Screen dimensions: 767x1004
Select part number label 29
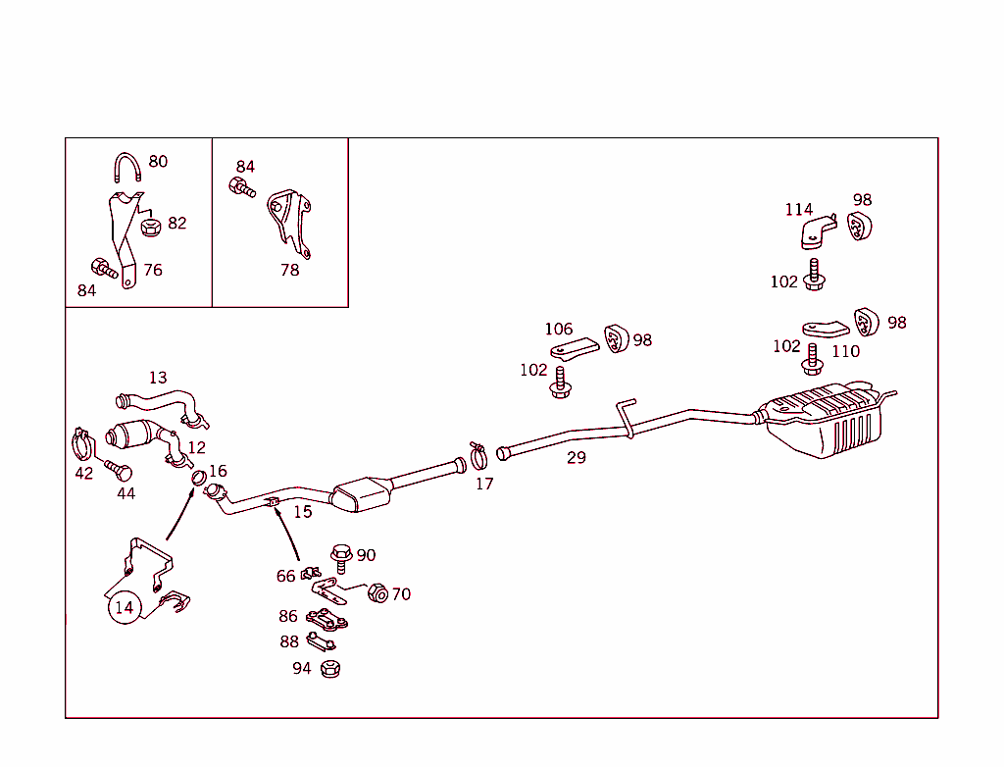[577, 458]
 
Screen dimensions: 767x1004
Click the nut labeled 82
[150, 228]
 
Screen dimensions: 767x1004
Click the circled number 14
[124, 608]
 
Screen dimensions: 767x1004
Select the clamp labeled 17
[478, 455]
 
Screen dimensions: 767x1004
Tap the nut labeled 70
[377, 593]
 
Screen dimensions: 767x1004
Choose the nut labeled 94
[329, 669]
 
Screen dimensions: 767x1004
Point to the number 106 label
[559, 330]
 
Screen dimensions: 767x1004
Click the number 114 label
[798, 209]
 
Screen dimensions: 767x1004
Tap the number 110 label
[845, 351]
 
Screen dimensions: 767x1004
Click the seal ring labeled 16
[197, 478]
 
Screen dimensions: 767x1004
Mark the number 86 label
[287, 617]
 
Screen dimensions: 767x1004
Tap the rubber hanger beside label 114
[859, 227]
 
